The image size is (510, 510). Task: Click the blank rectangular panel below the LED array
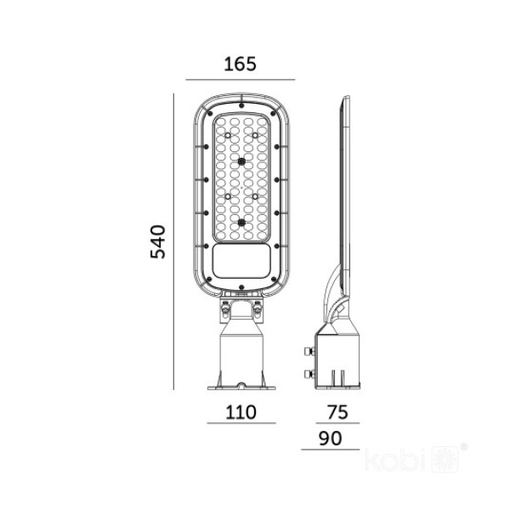click(x=241, y=261)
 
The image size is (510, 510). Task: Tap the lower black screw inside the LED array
click(x=241, y=224)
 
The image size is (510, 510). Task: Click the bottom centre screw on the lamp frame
click(x=241, y=286)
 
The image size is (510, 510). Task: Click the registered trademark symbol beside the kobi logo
click(x=463, y=445)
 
